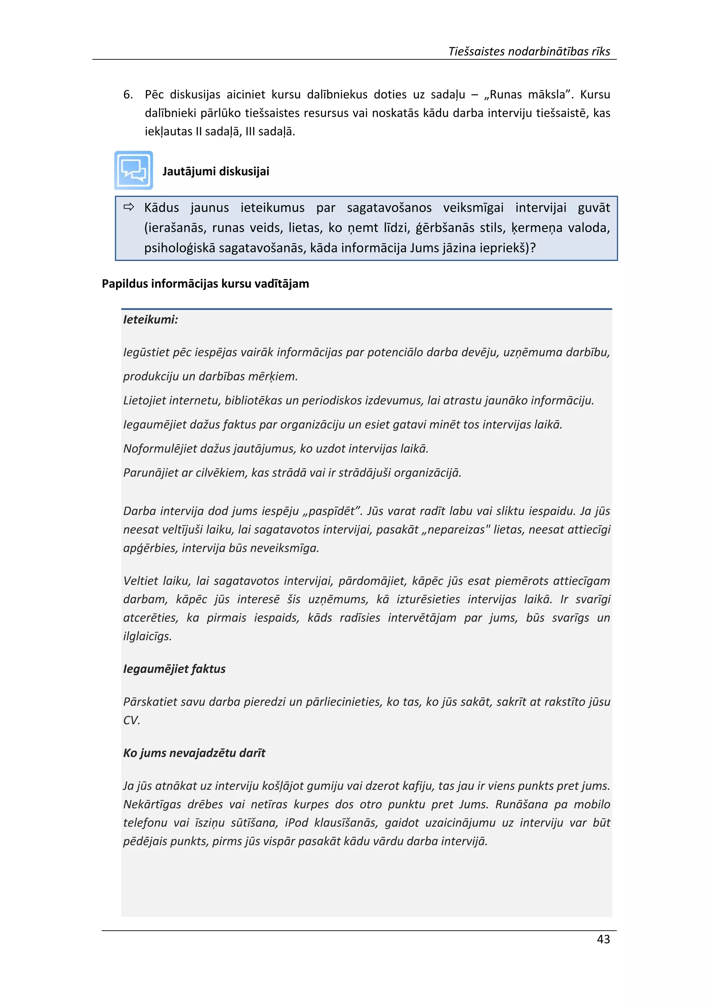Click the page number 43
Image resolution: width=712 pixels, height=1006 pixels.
click(x=603, y=939)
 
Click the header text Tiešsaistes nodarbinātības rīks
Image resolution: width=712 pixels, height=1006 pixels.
click(x=529, y=51)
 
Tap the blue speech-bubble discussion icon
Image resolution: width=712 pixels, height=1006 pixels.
click(x=134, y=170)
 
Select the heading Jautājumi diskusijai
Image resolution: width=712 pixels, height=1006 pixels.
click(x=216, y=171)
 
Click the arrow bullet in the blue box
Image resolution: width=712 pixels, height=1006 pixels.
click(x=128, y=207)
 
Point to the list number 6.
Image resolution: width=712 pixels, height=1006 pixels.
click(x=128, y=95)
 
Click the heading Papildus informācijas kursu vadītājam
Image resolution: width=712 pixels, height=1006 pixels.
click(x=205, y=284)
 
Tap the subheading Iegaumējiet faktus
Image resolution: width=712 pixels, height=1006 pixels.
click(x=174, y=669)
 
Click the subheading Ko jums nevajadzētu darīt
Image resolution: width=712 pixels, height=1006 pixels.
click(x=194, y=753)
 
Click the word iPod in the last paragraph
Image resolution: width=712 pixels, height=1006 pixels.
click(x=296, y=823)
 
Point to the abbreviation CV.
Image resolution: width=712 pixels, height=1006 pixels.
click(x=131, y=720)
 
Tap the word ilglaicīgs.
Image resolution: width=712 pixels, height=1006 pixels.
click(x=147, y=636)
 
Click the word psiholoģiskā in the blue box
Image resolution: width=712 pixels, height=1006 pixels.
click(x=179, y=248)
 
